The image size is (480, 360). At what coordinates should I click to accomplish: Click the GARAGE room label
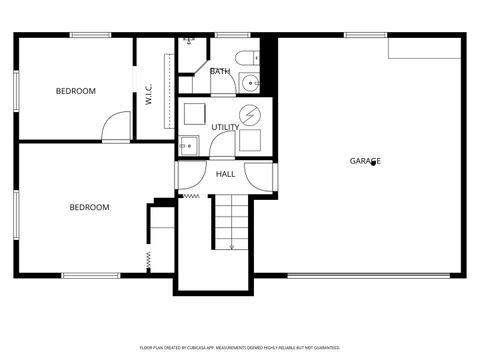(365, 160)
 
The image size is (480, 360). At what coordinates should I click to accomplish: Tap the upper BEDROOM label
(75, 91)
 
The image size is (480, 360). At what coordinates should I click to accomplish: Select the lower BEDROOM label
(89, 207)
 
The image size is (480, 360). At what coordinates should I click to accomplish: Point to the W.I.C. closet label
(149, 95)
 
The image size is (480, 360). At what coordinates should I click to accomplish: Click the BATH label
(220, 71)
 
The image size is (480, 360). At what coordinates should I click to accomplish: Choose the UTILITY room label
(225, 127)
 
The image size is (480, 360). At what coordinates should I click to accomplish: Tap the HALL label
(226, 174)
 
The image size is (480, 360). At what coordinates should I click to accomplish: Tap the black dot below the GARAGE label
(374, 164)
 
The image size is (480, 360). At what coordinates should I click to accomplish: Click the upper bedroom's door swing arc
(117, 125)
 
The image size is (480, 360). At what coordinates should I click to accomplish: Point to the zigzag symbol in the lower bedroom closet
(148, 260)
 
